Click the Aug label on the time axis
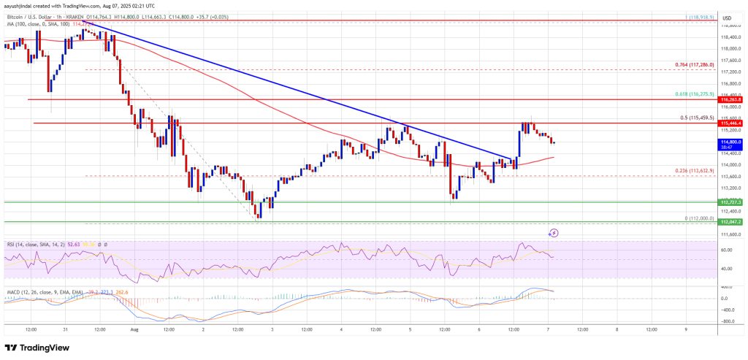[134, 329]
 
